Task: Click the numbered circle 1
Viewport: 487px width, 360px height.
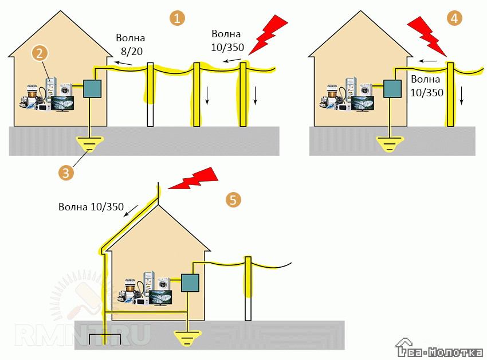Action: [178, 18]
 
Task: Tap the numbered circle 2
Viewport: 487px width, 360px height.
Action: [40, 53]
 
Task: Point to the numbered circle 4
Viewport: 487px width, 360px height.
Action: [454, 18]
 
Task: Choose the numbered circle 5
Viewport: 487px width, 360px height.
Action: [233, 199]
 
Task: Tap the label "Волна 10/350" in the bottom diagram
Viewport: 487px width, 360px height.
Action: [91, 207]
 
